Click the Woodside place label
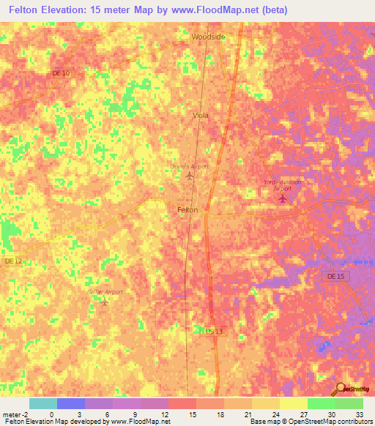(208, 36)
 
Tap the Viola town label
(200, 116)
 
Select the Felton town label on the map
(187, 210)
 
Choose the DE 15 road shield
(333, 275)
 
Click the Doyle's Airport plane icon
(190, 176)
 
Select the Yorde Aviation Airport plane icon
(283, 198)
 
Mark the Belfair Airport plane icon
(104, 302)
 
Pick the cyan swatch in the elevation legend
(42, 403)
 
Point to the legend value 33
(358, 414)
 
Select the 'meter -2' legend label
(14, 414)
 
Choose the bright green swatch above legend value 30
(321, 403)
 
